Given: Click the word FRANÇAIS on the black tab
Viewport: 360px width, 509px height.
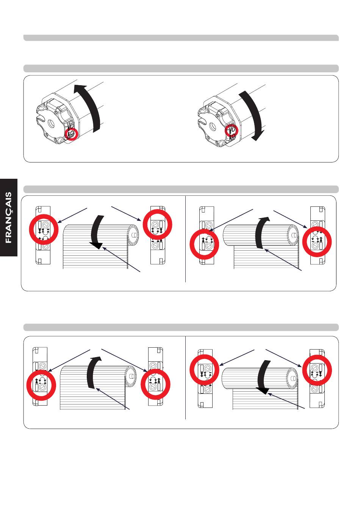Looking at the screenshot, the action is click(x=8, y=217).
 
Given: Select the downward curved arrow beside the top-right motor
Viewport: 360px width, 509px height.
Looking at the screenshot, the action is click(x=254, y=115).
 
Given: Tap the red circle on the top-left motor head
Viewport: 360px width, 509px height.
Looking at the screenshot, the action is click(x=71, y=134).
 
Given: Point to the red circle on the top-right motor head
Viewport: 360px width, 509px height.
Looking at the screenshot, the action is click(x=232, y=131).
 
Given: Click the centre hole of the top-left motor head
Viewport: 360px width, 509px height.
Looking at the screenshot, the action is click(x=50, y=123).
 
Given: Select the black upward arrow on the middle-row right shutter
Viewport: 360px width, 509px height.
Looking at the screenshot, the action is click(x=261, y=232).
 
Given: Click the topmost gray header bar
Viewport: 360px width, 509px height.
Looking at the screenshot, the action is click(x=181, y=38).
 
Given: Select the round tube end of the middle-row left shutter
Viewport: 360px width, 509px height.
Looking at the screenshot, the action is click(x=133, y=235).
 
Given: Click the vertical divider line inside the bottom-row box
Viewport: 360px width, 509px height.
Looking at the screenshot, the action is click(x=186, y=378).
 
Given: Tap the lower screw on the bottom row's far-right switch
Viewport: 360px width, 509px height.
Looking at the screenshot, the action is click(x=315, y=389).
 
